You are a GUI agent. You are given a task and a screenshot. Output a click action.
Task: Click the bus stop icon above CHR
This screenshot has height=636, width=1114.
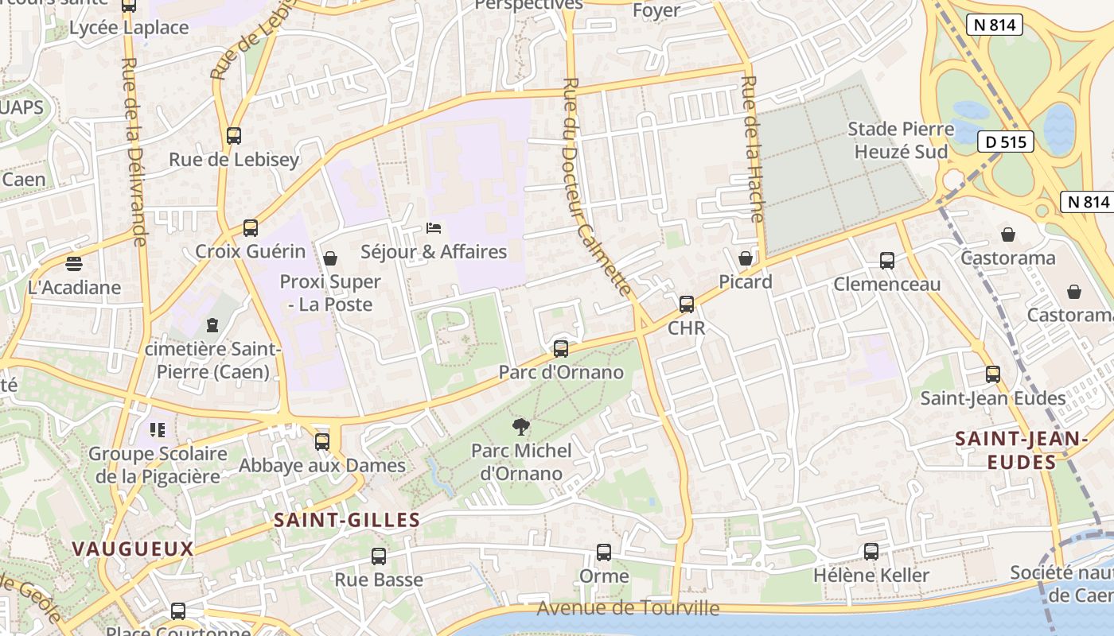(x=687, y=304)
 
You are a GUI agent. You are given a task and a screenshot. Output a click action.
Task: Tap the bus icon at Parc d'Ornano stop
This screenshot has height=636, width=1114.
(x=561, y=348)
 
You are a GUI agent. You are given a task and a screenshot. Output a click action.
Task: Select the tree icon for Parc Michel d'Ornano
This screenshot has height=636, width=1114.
(x=521, y=428)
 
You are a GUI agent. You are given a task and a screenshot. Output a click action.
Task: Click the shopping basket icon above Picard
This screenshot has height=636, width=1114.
(x=746, y=258)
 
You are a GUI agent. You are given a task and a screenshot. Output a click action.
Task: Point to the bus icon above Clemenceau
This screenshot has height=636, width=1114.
(x=887, y=260)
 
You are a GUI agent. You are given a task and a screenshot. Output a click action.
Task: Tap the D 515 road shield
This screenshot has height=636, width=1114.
(x=1005, y=142)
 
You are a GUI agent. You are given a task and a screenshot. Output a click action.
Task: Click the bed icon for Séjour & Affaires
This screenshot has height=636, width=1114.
(x=434, y=229)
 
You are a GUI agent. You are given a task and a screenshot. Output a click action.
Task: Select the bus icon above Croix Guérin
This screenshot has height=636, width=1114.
(x=251, y=228)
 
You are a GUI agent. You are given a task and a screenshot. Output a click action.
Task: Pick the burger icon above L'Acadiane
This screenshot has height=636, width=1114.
(x=74, y=263)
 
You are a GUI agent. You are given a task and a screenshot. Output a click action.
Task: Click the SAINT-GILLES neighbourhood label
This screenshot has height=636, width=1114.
(x=346, y=521)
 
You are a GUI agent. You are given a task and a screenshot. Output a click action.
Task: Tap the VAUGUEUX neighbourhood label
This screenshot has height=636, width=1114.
(x=133, y=549)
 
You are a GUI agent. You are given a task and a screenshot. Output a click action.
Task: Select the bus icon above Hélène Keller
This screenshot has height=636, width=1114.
(x=871, y=551)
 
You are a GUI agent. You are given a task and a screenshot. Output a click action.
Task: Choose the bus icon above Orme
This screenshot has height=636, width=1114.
(x=604, y=552)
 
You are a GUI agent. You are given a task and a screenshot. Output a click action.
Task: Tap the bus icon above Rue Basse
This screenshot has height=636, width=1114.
(x=379, y=556)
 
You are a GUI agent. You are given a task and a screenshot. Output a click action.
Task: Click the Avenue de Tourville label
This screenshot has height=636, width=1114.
(x=628, y=609)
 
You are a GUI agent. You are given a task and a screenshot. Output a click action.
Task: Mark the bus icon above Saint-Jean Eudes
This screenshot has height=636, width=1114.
(x=993, y=374)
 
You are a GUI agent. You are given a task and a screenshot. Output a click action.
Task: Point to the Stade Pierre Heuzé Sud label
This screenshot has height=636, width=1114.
(x=901, y=140)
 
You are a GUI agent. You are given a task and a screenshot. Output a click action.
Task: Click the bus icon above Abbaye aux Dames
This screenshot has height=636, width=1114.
(x=322, y=441)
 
